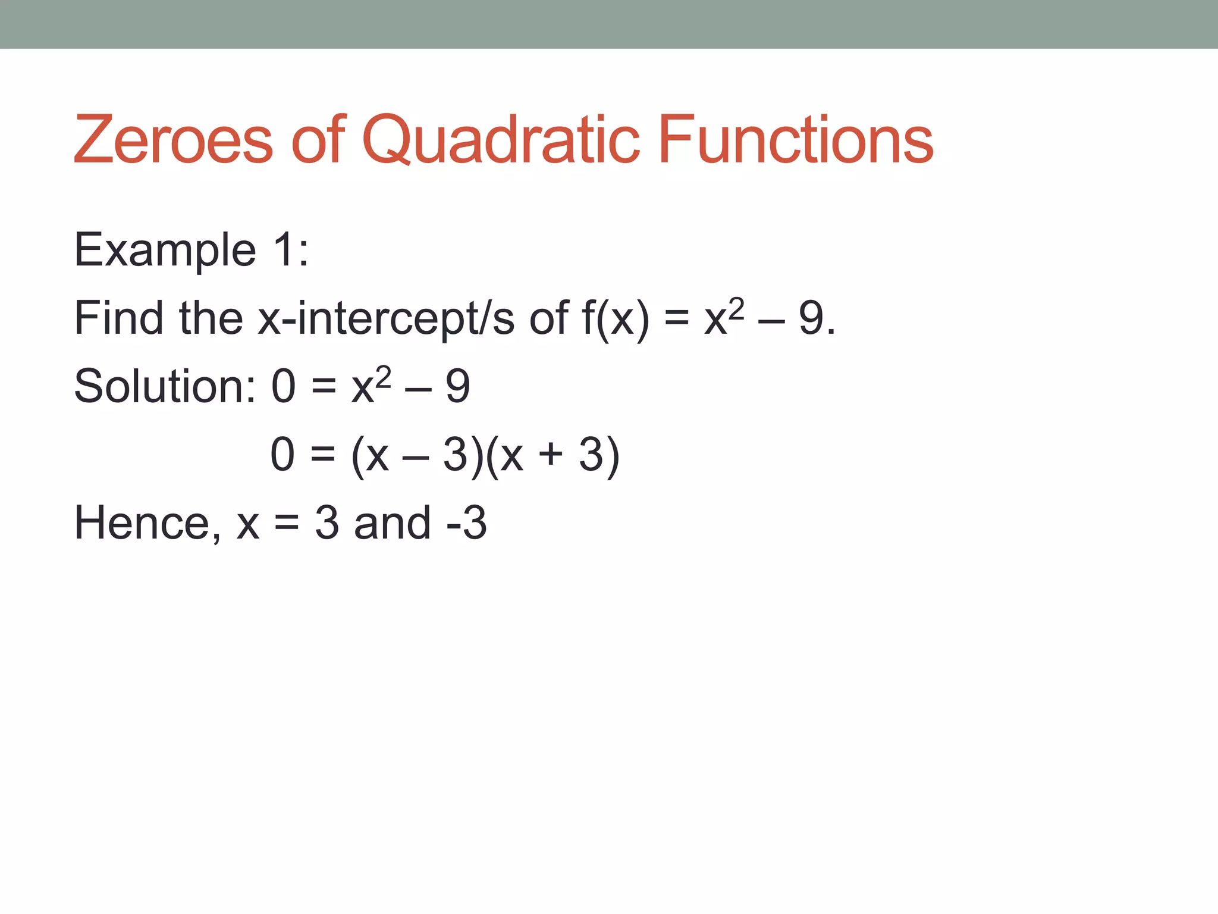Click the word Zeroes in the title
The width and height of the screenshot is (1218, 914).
point(173,140)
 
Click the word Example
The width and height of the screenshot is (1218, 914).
point(165,251)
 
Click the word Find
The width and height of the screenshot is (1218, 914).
point(118,318)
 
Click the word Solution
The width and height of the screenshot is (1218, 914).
point(164,387)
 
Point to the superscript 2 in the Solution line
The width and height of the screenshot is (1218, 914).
point(384,376)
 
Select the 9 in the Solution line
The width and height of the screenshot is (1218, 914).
point(458,387)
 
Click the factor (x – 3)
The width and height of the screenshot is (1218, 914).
point(417,455)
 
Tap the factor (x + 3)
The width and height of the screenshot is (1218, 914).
point(553,455)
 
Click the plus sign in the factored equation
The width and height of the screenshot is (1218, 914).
point(551,455)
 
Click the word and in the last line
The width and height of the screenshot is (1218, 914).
point(392,524)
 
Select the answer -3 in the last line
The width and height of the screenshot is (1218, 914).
point(467,524)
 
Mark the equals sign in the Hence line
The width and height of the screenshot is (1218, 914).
point(287,524)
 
